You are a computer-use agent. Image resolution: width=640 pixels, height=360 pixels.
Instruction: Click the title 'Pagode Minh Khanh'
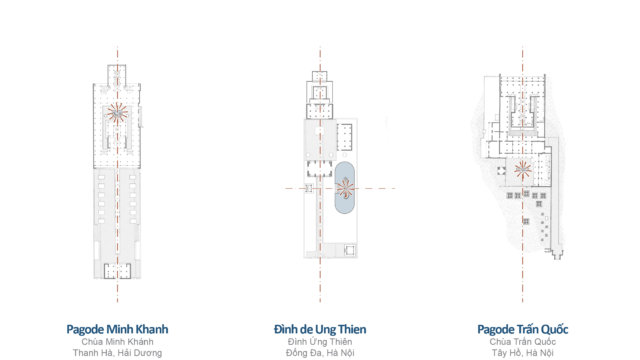(117, 329)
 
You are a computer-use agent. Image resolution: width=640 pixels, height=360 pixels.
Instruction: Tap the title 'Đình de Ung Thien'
(320, 329)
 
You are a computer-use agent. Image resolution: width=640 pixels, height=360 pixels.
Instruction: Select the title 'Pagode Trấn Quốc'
(522, 329)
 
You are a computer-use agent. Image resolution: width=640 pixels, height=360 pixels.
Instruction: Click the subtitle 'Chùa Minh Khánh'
(117, 342)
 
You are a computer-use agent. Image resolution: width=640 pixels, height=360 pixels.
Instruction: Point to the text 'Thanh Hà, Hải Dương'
(117, 353)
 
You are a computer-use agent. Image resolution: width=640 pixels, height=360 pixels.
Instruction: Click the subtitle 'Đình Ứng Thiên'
(320, 342)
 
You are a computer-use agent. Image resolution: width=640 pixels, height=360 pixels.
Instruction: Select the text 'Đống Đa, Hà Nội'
(320, 353)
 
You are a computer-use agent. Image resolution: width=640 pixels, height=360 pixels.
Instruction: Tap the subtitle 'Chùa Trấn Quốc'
(522, 342)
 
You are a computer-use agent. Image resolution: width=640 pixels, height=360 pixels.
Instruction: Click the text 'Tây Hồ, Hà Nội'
(522, 353)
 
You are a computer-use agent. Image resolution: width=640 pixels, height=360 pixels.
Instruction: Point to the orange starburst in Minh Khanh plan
(118, 113)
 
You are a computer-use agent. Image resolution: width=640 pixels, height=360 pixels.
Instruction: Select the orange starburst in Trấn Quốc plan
(522, 169)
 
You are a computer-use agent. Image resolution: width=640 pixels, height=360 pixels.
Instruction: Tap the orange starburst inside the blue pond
(345, 189)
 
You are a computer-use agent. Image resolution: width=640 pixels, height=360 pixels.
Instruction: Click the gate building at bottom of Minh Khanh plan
(117, 271)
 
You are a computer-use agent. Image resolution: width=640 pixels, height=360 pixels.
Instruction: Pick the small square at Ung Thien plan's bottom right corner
(350, 250)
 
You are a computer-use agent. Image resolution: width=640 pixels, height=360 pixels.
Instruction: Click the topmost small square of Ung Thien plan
(320, 76)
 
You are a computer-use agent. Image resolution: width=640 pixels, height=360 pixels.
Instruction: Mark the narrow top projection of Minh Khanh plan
(117, 75)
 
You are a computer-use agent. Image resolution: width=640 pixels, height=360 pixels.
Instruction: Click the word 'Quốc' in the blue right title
(555, 329)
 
